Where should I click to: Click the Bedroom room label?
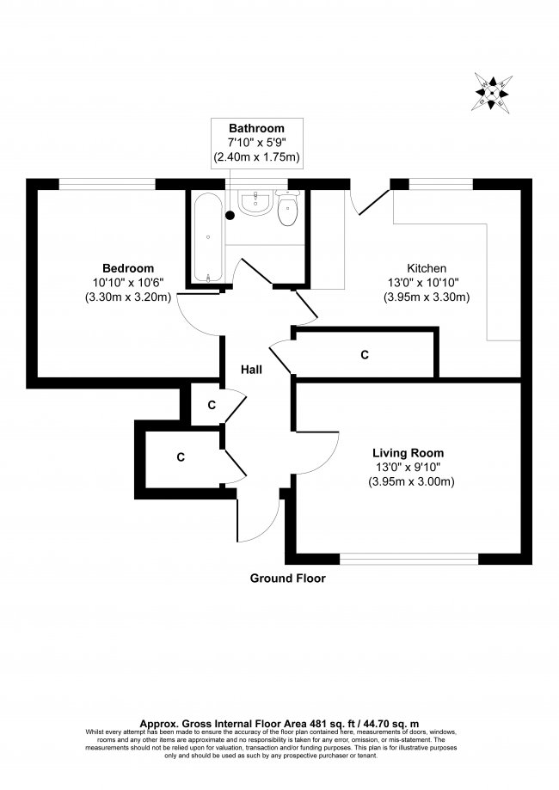click(x=128, y=268)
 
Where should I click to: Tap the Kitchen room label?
click(x=427, y=268)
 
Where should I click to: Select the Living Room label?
click(x=408, y=453)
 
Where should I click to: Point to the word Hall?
click(x=251, y=370)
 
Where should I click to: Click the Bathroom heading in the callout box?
click(x=256, y=128)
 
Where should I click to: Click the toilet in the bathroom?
click(x=288, y=207)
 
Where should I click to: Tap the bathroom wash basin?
click(x=256, y=202)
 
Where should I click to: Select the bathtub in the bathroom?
click(x=207, y=237)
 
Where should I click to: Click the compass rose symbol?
click(x=492, y=93)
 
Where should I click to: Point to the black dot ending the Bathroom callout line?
click(x=230, y=216)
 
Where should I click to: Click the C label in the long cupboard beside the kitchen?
click(x=365, y=355)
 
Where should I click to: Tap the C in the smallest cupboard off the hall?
click(x=212, y=405)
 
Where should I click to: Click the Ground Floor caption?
click(x=288, y=579)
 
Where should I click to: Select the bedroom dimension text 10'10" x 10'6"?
click(x=128, y=283)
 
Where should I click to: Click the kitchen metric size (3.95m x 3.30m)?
click(x=427, y=297)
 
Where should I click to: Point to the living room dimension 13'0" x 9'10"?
click(x=408, y=467)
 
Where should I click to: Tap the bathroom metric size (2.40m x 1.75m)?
click(x=256, y=157)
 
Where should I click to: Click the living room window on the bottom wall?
click(x=408, y=559)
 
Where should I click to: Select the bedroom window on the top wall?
click(x=107, y=184)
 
